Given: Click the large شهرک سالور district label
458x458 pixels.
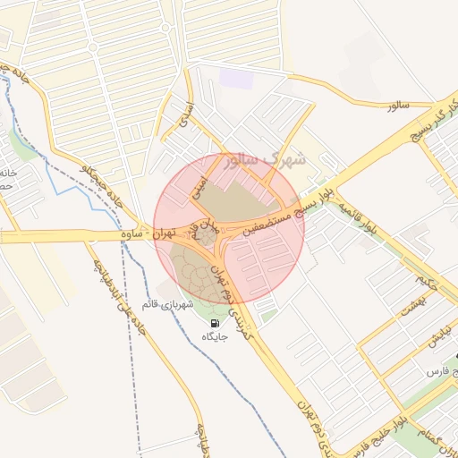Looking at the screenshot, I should [267, 161].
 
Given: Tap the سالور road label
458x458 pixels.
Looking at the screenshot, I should [398, 106].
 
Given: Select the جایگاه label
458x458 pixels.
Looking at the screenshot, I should [216, 337].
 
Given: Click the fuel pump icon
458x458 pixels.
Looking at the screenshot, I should [215, 323].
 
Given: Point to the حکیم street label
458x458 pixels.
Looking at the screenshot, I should [427, 282].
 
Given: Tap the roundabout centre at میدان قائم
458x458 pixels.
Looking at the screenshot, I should [207, 237].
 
